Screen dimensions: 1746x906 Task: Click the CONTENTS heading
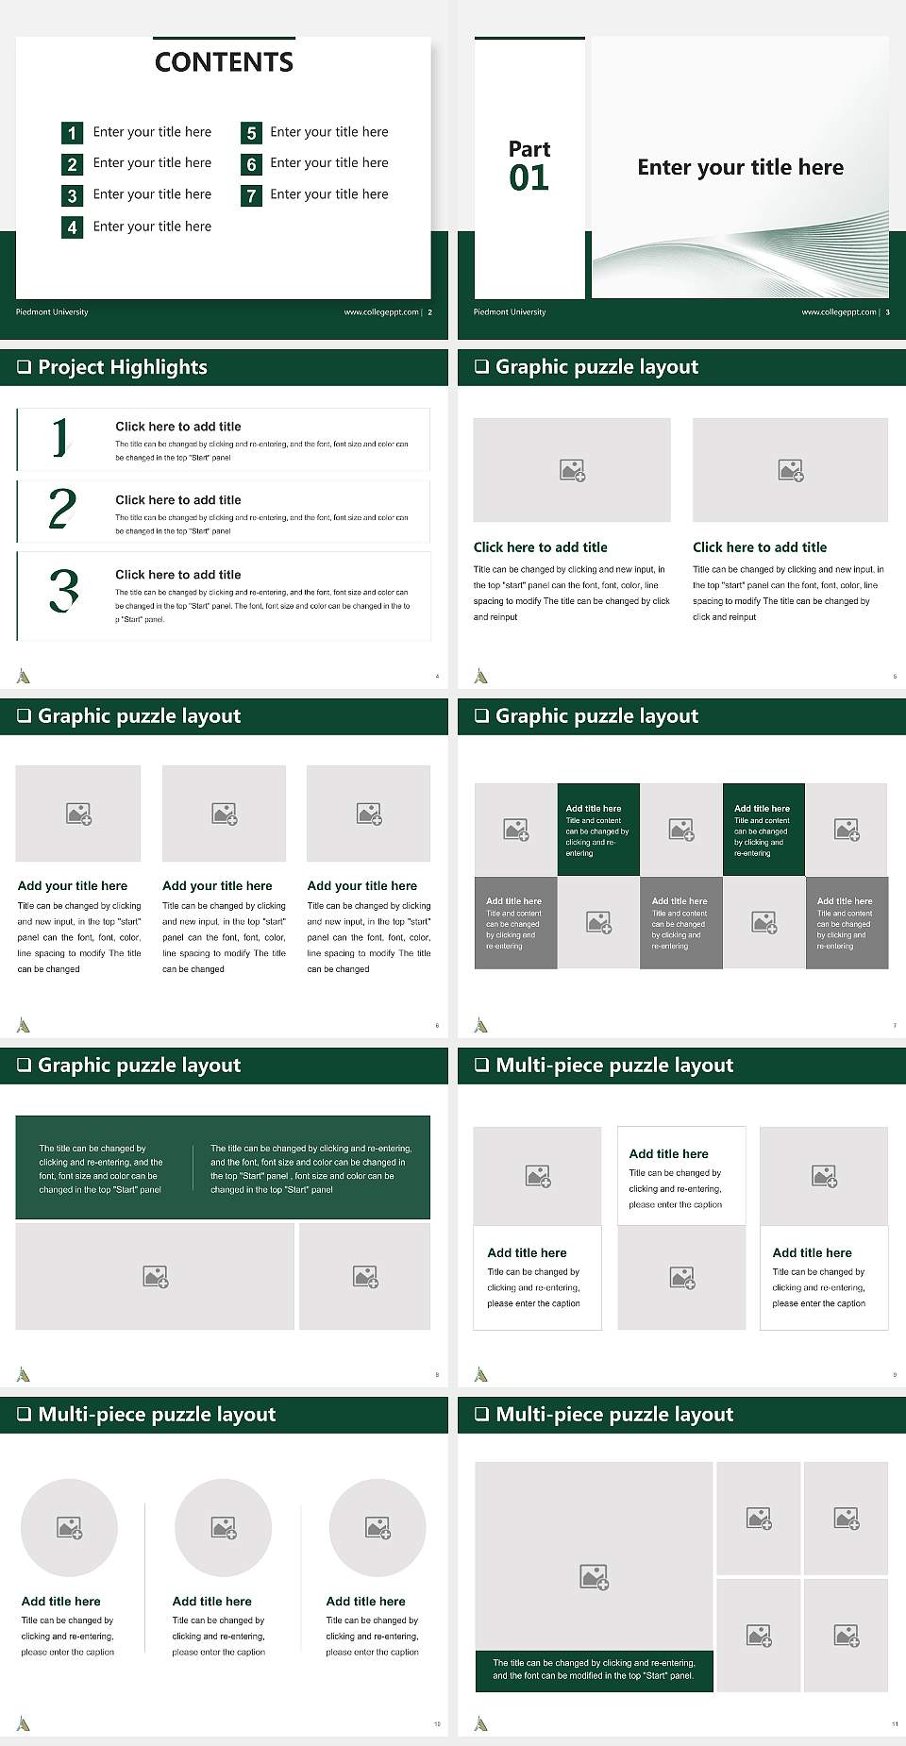224,62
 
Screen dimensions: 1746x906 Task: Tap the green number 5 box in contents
251,133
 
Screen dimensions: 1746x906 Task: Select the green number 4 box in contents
72,227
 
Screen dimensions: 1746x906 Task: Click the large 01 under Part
528,177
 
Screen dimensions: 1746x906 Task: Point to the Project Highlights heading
122,367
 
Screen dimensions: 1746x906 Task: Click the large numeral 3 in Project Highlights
63,591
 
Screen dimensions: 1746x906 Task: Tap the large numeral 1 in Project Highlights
61,438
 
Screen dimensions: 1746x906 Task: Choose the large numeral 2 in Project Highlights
62,509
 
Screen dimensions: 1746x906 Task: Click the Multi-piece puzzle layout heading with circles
157,1414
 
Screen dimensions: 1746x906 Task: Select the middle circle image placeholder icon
224,1528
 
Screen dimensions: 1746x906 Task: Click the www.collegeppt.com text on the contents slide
380,312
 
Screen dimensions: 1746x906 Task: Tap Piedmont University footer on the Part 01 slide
510,312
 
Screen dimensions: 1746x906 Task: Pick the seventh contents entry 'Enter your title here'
329,194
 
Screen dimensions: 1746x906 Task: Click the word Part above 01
529,149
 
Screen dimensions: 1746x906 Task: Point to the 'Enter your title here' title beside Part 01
740,168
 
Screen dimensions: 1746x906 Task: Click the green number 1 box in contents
72,133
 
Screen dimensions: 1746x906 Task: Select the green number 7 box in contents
251,196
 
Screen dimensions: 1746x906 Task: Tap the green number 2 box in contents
72,164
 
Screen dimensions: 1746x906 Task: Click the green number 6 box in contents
251,164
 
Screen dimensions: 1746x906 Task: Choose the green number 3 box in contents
72,196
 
